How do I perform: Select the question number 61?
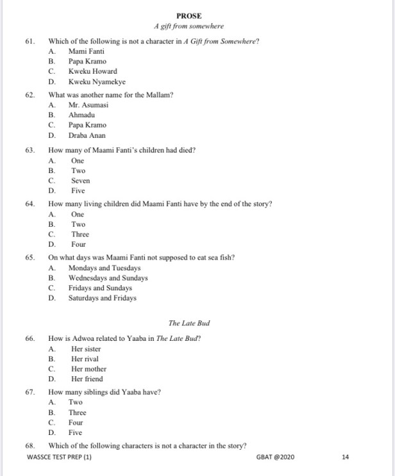pos(29,41)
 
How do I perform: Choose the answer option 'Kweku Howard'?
pos(92,71)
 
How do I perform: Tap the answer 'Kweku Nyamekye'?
pos(97,81)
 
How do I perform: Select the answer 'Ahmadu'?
pos(83,115)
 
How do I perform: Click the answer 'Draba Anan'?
pos(87,135)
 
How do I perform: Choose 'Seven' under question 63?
pos(80,181)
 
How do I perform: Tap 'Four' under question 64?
pos(78,244)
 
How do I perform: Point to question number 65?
pos(29,258)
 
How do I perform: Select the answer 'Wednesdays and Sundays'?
pos(108,278)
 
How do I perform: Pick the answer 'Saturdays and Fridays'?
pos(103,298)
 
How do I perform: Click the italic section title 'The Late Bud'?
pos(189,323)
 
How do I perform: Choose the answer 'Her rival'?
pos(85,359)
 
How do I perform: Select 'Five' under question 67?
pos(76,432)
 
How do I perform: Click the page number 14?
pos(346,457)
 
